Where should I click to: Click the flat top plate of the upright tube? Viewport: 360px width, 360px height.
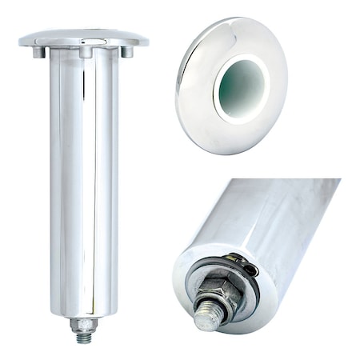tap(83, 38)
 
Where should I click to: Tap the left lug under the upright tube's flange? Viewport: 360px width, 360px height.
tap(39, 52)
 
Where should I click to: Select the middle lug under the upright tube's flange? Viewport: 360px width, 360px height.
tap(86, 53)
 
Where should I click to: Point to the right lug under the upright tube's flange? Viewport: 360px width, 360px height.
tap(126, 51)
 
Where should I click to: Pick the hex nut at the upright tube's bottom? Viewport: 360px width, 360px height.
tap(83, 325)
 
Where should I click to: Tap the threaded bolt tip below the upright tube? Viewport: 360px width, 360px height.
tap(84, 338)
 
